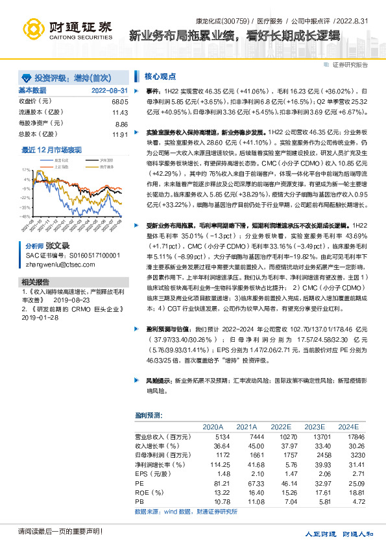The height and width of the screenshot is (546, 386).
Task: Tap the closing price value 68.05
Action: coord(120,102)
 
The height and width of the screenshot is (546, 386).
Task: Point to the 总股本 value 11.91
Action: coord(120,134)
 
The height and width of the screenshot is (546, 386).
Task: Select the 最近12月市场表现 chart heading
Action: coord(52,149)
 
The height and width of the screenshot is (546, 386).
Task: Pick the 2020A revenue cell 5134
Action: coord(213,436)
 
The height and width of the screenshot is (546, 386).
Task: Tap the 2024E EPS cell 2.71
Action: coord(349,474)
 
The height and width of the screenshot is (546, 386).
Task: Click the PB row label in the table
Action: coord(139,502)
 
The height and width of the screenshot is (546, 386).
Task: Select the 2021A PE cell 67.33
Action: coord(247,483)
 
